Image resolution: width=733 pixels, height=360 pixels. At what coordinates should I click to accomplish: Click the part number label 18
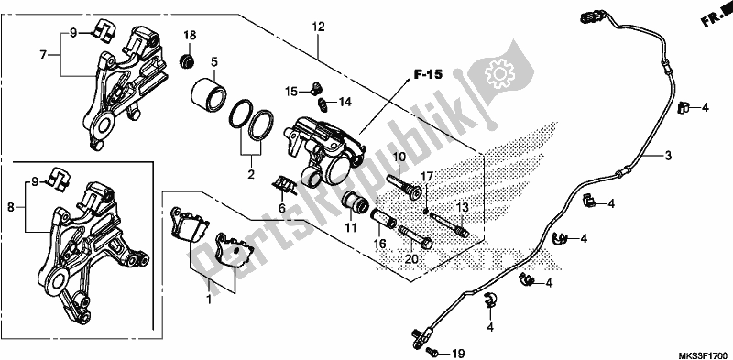pos(190,36)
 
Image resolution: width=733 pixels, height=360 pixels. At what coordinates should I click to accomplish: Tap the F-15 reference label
pos(428,74)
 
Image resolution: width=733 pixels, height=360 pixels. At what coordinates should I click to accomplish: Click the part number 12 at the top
pos(318,27)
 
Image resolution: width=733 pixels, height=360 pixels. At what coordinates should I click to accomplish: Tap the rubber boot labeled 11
pos(354,204)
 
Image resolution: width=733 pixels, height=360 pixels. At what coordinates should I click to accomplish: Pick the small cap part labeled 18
pos(189,61)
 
